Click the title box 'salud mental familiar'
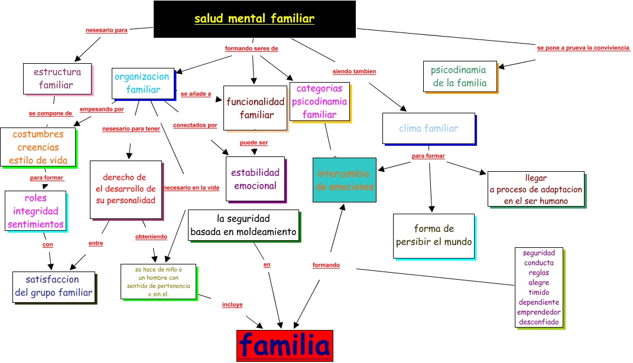point(254,19)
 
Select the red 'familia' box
point(284,345)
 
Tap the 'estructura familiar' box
point(57,79)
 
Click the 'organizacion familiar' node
point(142,83)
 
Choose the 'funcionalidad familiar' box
point(255,108)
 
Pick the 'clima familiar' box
point(429,128)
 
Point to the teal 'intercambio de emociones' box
point(345,180)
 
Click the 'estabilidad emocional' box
point(255,179)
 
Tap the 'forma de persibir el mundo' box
point(434,236)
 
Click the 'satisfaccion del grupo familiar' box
point(54,286)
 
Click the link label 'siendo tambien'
point(354,71)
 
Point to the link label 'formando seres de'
point(251,48)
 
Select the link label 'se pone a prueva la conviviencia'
point(583,48)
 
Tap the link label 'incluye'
point(232,305)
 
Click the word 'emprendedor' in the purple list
point(538,312)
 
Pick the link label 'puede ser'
point(254,143)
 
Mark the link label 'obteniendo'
point(151,237)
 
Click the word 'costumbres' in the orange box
point(38,135)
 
